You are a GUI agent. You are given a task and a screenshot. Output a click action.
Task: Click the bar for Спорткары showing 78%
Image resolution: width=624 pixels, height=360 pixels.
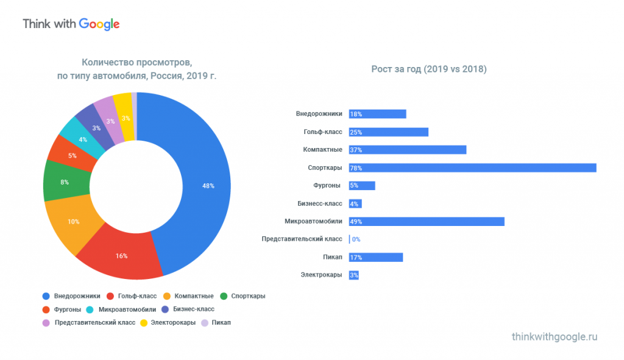pos(472,168)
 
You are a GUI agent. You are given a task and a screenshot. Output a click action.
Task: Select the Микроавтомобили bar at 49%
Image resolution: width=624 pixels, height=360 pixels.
pos(427,221)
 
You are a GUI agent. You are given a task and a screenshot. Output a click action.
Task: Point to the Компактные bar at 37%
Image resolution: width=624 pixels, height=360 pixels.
pos(407,150)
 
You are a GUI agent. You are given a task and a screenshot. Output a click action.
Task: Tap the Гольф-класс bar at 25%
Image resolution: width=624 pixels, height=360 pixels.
pos(388,132)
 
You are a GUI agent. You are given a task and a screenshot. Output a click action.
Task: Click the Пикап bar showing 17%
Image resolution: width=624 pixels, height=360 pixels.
pos(375,257)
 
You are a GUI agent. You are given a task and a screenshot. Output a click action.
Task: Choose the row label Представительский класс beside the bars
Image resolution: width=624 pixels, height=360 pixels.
pos(302,239)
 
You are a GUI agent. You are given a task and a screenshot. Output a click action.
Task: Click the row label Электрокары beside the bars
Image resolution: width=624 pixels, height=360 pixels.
pos(321,275)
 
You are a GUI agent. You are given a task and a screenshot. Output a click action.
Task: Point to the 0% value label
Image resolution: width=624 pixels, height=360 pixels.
pos(356,239)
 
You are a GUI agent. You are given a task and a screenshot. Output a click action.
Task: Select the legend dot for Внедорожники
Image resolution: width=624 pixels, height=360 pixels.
pos(46,297)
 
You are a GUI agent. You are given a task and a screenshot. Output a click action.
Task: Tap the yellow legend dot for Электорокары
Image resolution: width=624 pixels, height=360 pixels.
pos(144,322)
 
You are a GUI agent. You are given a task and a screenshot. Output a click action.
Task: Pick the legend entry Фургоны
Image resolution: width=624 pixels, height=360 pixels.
pos(67,309)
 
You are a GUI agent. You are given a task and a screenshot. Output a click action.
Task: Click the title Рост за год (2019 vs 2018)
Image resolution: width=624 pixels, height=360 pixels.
pos(428,69)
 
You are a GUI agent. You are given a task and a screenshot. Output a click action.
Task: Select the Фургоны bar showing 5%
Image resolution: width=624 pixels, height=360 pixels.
pos(362,186)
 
